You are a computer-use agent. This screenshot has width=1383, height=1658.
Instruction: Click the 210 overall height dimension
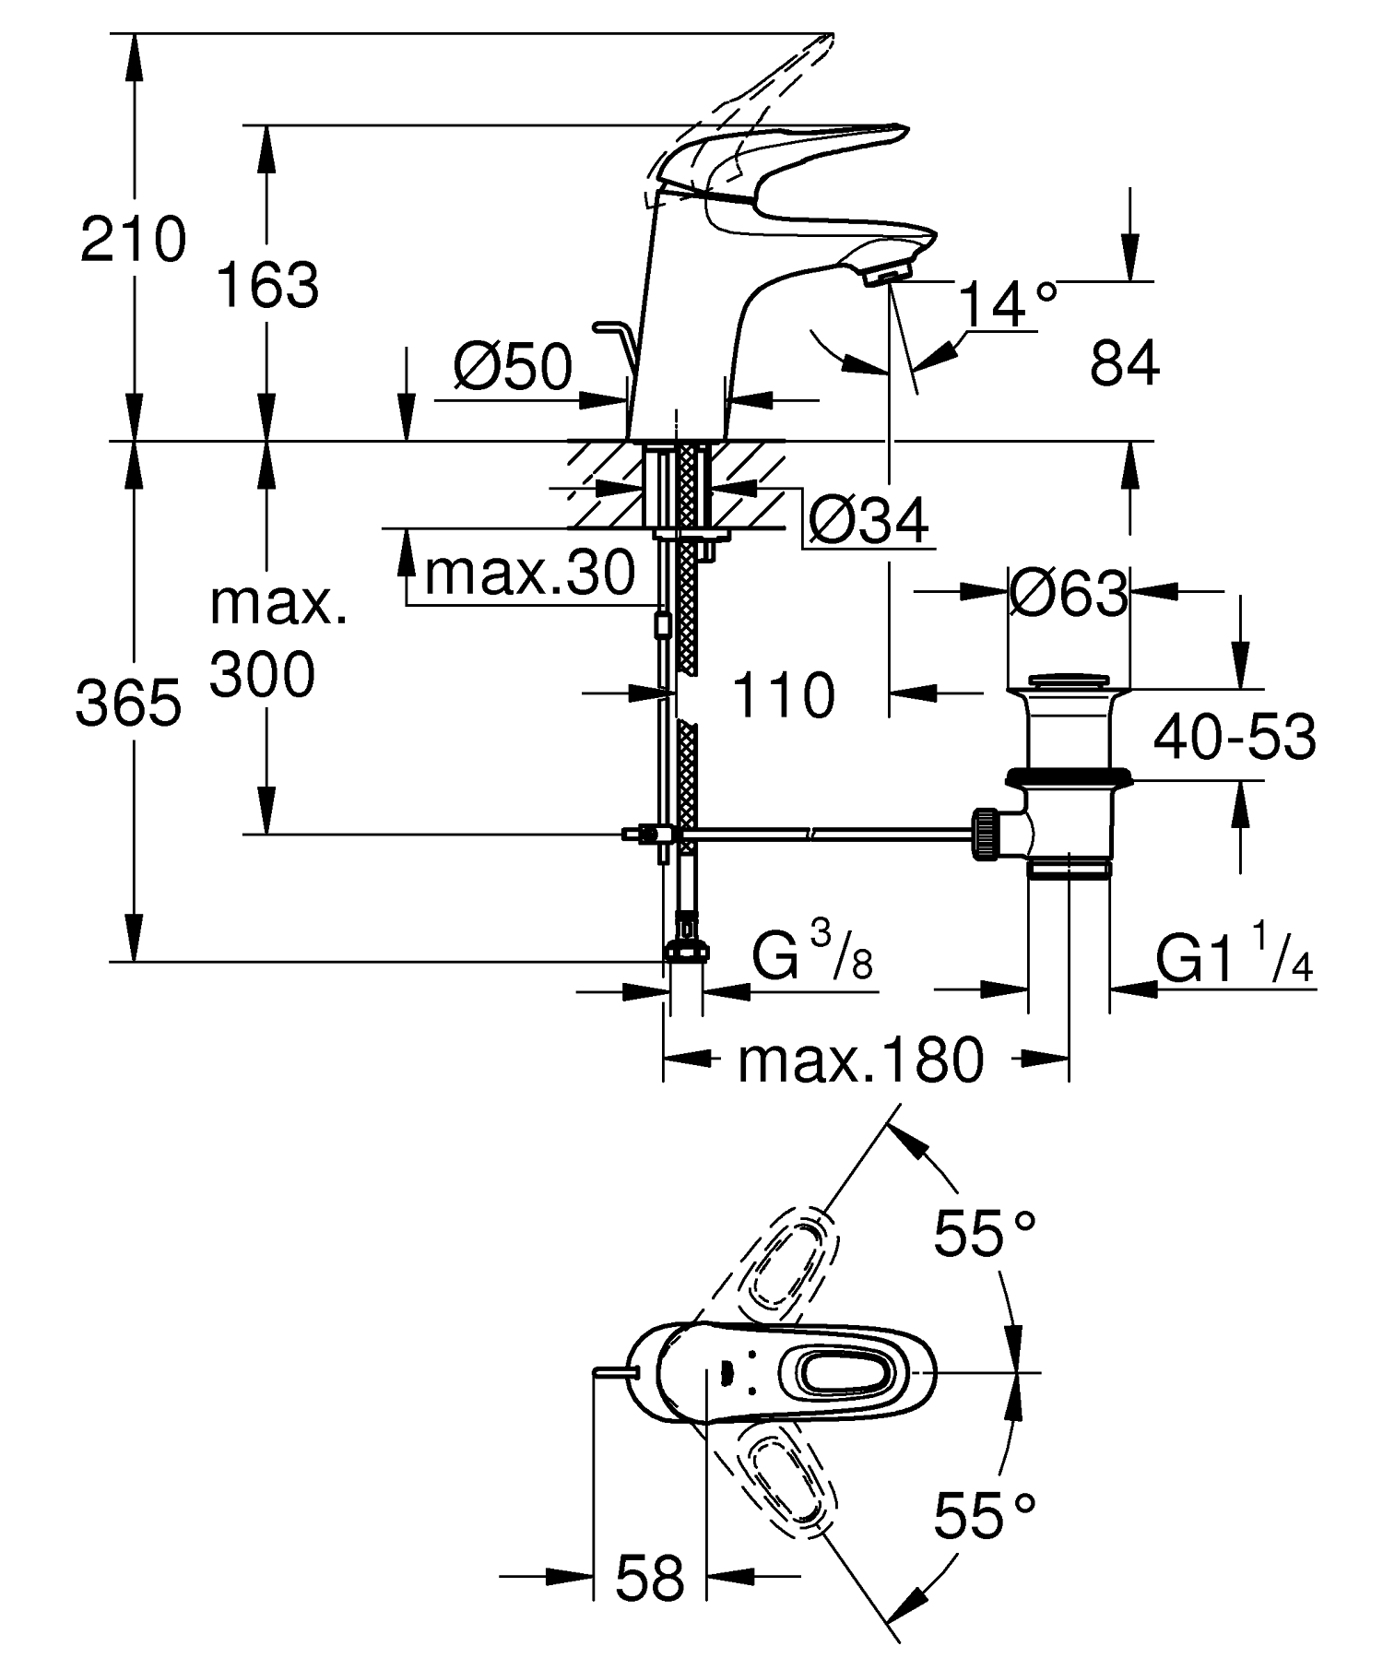[x=133, y=240]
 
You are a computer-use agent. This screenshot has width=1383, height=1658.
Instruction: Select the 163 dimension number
[x=267, y=285]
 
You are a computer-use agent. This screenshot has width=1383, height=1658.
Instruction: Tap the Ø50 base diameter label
[x=513, y=368]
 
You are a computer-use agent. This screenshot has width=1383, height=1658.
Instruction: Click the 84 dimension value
[x=1124, y=363]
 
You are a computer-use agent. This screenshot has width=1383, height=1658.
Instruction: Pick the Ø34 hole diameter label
[x=867, y=523]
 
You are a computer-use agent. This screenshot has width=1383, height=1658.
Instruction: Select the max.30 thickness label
[x=529, y=573]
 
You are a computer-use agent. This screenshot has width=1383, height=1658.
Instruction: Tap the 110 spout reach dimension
[x=784, y=695]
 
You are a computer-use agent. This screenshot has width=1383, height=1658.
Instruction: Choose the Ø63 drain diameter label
[x=1068, y=594]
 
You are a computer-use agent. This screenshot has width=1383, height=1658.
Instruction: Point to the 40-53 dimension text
[x=1235, y=737]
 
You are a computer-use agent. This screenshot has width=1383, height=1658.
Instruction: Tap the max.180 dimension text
[x=860, y=1060]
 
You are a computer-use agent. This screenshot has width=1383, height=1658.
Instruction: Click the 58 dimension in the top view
[x=650, y=1577]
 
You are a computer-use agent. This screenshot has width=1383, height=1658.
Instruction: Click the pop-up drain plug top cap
[x=1069, y=681]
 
